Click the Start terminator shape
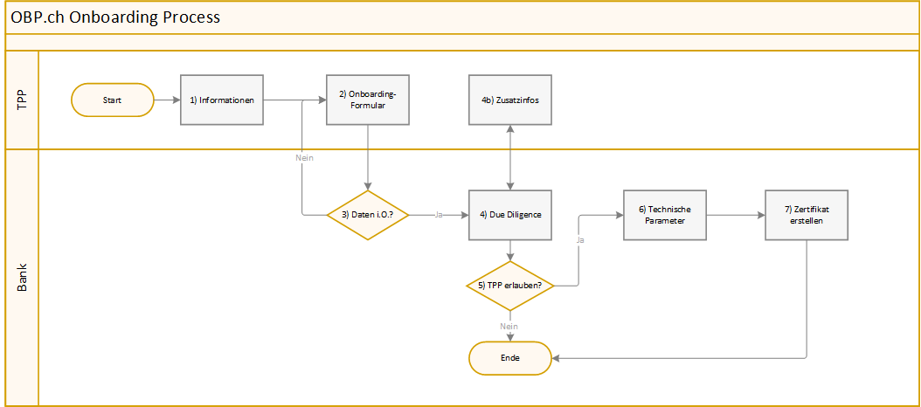pyautogui.click(x=112, y=100)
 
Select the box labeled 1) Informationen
pyautogui.click(x=223, y=100)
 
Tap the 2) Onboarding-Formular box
pyautogui.click(x=368, y=100)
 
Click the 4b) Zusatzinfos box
pyautogui.click(x=510, y=100)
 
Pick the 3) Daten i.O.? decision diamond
pyautogui.click(x=368, y=215)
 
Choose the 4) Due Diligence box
pyautogui.click(x=510, y=215)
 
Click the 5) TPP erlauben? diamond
pyautogui.click(x=510, y=286)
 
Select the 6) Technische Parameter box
pyautogui.click(x=664, y=215)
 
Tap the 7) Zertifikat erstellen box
pyautogui.click(x=807, y=215)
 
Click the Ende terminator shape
pyautogui.click(x=510, y=357)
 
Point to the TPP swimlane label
pyautogui.click(x=22, y=100)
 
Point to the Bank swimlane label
pyautogui.click(x=22, y=276)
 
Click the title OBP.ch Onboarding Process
pyautogui.click(x=115, y=17)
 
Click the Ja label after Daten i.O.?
pyautogui.click(x=438, y=215)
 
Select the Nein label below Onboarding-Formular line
pyautogui.click(x=303, y=158)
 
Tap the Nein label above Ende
pyautogui.click(x=509, y=326)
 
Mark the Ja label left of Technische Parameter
pyautogui.click(x=580, y=238)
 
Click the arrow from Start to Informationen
pyautogui.click(x=167, y=100)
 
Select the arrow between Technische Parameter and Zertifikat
pyautogui.click(x=734, y=215)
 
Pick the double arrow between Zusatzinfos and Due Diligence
pyautogui.click(x=510, y=158)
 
